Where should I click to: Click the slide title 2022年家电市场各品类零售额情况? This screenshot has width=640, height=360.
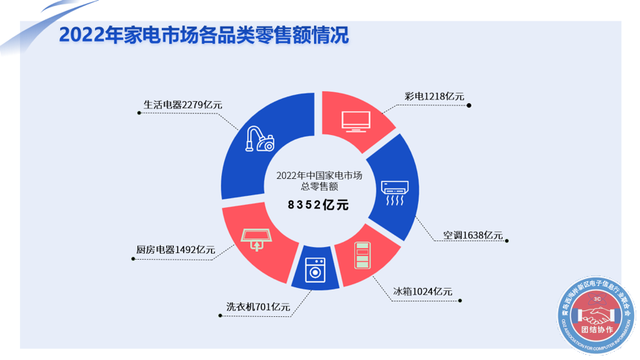coord(203,36)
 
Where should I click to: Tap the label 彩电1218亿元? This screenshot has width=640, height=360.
coord(434,96)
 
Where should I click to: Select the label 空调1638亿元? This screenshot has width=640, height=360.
coord(472,235)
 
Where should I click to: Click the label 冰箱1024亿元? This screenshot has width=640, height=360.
coord(422,291)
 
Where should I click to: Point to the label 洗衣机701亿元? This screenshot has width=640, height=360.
coord(258,306)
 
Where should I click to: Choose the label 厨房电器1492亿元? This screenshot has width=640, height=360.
coord(175,250)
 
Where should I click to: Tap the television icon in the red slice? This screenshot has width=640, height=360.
coord(356,120)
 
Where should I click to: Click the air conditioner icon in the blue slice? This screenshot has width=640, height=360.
coord(394,192)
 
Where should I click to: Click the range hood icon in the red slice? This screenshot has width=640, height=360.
coord(257,238)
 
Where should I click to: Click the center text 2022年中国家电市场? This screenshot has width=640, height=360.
coord(319,175)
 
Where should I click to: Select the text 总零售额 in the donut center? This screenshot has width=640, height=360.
coord(319,187)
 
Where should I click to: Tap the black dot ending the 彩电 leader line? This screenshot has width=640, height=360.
coord(470,105)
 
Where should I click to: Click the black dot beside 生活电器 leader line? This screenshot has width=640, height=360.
coord(139,113)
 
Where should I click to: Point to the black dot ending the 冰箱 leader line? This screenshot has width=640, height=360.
coord(460,301)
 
